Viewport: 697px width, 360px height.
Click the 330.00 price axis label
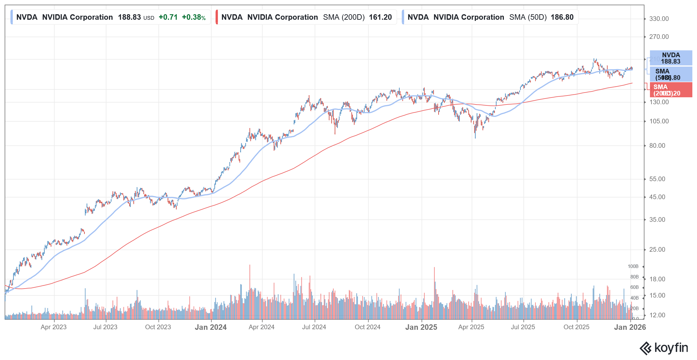(659, 19)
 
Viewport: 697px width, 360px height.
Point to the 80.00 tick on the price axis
(657, 146)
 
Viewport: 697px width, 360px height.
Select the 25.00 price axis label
(657, 250)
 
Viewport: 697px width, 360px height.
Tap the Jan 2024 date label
(211, 327)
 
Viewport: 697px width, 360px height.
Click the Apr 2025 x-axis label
(471, 327)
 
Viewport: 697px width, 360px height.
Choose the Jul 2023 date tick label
(105, 327)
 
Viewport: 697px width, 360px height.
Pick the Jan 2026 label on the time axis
(630, 327)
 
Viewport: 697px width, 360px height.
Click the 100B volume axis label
(633, 267)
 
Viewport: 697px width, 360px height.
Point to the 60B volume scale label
(634, 287)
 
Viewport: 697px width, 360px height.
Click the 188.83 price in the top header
(129, 17)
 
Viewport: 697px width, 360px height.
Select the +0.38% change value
(193, 17)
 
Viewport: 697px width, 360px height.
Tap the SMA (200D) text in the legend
(344, 17)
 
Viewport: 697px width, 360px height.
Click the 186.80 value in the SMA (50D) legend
(562, 17)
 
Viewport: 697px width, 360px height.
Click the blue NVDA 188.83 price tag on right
(671, 58)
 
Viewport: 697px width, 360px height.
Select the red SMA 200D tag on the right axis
(671, 90)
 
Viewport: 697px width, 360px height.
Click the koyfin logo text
(671, 348)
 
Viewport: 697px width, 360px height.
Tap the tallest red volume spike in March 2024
(249, 290)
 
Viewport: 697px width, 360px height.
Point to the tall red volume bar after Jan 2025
(434, 290)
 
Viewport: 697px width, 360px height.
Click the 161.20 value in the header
(380, 17)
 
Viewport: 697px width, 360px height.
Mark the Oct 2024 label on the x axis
(367, 327)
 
